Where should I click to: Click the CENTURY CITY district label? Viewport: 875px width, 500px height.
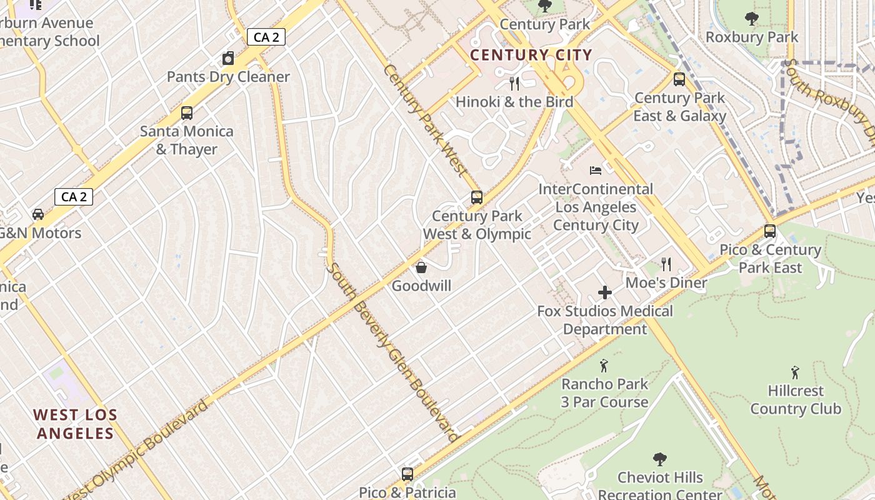point(531,55)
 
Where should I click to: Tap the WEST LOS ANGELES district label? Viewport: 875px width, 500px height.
point(75,424)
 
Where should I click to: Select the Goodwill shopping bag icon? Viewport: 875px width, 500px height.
point(421,267)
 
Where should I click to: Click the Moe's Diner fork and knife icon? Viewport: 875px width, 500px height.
point(666,264)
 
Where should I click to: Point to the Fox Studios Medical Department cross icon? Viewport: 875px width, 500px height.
point(604,292)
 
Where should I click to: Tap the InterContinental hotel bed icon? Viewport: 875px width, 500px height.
point(596,171)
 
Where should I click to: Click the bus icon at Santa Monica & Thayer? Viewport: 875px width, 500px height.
point(186,113)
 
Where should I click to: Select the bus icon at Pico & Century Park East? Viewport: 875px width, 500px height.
point(770,231)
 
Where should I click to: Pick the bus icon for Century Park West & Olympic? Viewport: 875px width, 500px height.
point(477,197)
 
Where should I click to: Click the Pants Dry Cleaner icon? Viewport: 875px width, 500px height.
point(228,59)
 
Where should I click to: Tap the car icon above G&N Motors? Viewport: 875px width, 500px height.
point(38,214)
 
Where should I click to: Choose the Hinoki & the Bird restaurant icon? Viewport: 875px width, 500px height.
point(514,83)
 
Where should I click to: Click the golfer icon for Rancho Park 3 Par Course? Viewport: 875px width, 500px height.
point(604,366)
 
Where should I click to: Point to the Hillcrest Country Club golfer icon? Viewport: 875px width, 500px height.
point(795,372)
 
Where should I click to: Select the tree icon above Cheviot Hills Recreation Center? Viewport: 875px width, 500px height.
point(659,459)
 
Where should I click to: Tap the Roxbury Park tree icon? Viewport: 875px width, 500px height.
point(752,19)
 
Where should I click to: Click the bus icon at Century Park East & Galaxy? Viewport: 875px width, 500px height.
point(679,79)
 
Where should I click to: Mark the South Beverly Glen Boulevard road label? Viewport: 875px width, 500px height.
point(393,352)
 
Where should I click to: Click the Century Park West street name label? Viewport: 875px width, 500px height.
point(425,119)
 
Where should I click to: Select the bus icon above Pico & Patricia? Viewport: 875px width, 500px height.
point(407,474)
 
